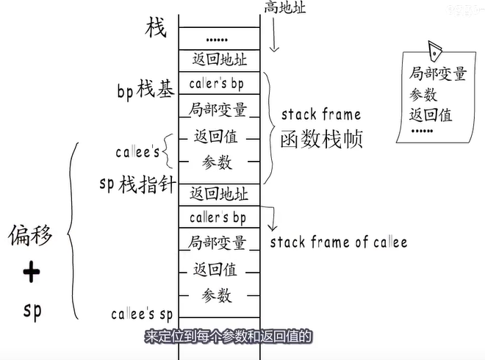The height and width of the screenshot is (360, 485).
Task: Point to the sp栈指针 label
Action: point(137,183)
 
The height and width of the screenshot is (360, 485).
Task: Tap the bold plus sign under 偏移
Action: point(31,273)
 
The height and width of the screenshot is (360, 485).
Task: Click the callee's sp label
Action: point(141,314)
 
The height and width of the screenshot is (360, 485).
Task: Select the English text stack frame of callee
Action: point(338,242)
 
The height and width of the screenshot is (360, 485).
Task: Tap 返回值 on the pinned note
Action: point(431,115)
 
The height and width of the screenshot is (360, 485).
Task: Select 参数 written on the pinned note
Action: point(423,95)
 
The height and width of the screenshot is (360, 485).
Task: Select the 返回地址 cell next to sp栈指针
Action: point(218,195)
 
